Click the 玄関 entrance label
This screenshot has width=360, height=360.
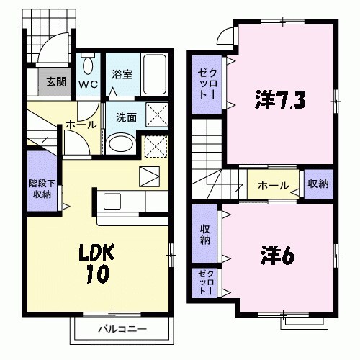click(x=55, y=81)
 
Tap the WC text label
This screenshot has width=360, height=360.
click(x=89, y=84)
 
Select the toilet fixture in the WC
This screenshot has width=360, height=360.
click(x=88, y=66)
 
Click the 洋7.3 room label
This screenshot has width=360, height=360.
click(x=280, y=101)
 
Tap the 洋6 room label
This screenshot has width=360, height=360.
click(x=274, y=255)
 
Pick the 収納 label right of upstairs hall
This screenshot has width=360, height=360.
click(x=318, y=184)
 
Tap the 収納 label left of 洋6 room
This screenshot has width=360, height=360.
click(x=204, y=235)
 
